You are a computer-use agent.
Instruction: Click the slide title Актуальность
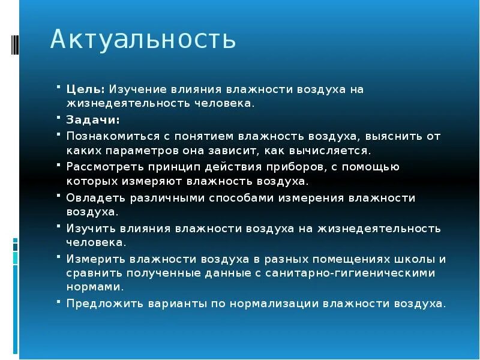[x=143, y=40]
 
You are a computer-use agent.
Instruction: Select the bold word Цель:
[x=86, y=89]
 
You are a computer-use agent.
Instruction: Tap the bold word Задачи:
[x=92, y=119]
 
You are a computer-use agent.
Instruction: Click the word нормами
[x=89, y=287]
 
